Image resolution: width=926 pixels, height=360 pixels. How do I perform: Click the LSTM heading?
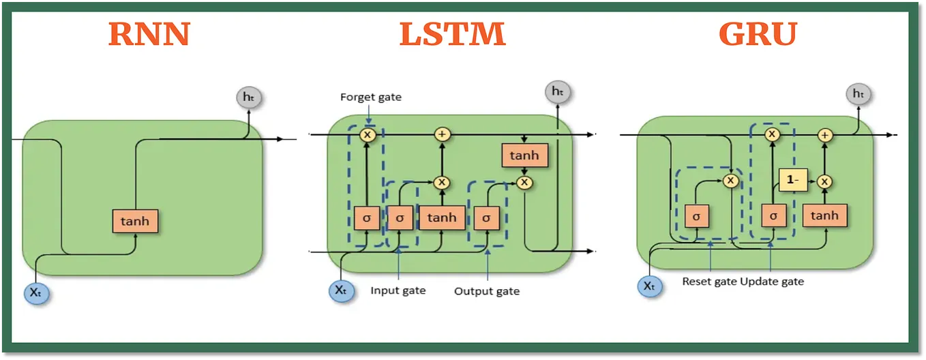[452, 33]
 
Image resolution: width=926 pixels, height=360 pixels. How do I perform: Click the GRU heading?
[758, 33]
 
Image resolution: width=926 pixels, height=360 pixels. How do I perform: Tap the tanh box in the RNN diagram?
[135, 221]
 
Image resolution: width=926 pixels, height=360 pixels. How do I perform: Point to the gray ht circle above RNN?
[248, 97]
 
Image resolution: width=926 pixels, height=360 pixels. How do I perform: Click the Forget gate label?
[370, 97]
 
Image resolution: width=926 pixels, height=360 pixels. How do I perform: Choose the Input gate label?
[398, 290]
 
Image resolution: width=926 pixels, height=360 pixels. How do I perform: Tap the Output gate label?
[486, 291]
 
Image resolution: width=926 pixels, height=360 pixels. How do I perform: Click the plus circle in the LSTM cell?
[443, 134]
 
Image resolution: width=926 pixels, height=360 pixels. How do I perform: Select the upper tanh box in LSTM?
[524, 155]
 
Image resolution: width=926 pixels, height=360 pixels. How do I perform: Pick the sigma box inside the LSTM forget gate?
[367, 217]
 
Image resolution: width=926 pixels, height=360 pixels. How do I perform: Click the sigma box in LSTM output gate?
[486, 217]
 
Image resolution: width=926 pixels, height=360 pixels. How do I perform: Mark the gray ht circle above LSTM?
[557, 91]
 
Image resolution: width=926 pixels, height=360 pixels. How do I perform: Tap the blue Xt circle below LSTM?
[341, 290]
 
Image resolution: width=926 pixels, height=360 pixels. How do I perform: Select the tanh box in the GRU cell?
[824, 215]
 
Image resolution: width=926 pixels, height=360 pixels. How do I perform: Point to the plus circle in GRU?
[825, 135]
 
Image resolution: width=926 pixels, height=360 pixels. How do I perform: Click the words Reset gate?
[709, 281]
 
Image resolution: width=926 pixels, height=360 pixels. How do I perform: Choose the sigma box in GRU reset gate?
[696, 215]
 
